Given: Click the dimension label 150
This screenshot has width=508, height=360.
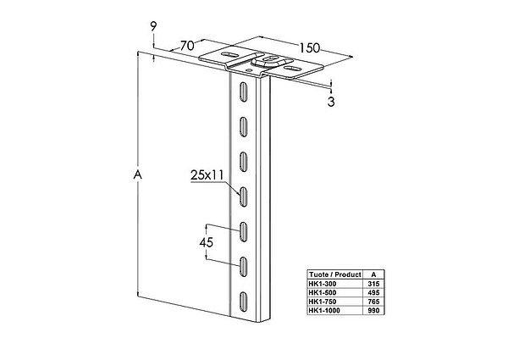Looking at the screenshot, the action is tap(309, 48).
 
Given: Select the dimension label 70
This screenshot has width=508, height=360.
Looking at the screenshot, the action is tap(187, 46).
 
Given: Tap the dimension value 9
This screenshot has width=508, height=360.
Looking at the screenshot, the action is tap(153, 26).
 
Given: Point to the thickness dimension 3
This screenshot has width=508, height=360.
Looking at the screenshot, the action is tap(331, 102).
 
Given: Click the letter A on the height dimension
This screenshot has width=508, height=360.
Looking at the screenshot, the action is tap(138, 174).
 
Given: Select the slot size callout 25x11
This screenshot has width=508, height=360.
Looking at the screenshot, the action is tap(207, 175).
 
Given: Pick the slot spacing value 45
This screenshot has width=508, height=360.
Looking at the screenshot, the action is tap(207, 242).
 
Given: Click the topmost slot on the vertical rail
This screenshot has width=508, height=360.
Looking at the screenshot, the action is tap(243, 91).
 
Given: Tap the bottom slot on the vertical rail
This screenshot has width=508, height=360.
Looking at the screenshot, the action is tap(243, 302).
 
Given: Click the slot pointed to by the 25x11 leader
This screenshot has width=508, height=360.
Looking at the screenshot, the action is tap(243, 197).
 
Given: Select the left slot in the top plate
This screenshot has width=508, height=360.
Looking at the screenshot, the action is tap(229, 55).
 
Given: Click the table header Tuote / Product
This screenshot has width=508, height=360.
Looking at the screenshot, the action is tap(334, 274).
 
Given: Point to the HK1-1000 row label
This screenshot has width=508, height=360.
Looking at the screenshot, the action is tap(324, 311).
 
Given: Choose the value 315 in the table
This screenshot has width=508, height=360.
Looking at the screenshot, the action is tap(373, 284).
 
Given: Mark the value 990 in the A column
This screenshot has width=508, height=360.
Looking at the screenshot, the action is tap(373, 311).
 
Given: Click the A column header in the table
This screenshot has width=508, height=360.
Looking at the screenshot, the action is tap(373, 274).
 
